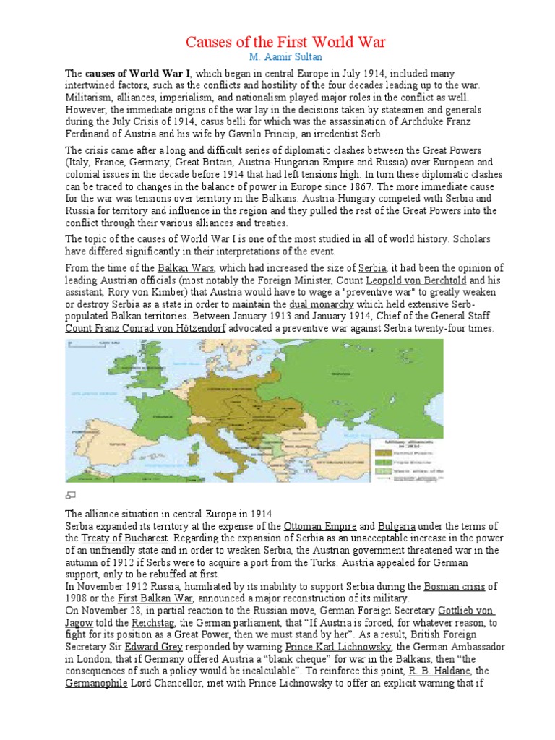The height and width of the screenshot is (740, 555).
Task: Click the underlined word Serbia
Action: point(378,268)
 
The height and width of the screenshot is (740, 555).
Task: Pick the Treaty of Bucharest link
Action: point(125,538)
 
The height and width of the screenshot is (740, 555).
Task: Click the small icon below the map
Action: point(70,495)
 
